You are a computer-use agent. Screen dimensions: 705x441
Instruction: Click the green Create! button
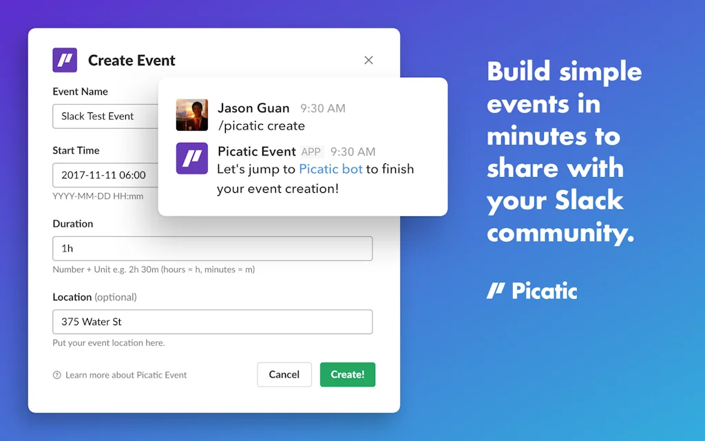pos(348,374)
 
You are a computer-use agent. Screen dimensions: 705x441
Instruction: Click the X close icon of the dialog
pos(369,61)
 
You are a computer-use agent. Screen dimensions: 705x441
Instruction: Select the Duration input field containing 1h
pos(213,248)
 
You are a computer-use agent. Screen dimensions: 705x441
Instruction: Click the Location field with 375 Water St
pos(213,322)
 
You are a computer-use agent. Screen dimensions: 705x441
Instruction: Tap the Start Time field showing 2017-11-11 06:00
pos(105,175)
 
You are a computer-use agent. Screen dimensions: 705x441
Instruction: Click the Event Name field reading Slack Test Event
pos(105,116)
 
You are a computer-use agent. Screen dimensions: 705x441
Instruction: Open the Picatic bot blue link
pos(330,170)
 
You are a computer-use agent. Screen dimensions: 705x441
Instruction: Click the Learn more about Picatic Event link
pos(126,375)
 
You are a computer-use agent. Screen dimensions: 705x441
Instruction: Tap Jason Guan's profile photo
pos(192,115)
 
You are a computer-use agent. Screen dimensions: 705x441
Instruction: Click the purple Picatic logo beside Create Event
pos(65,61)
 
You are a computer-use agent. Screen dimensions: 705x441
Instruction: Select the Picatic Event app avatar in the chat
pos(192,158)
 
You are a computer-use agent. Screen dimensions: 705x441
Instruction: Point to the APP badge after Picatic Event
pos(311,152)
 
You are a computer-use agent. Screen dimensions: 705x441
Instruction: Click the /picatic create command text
pos(261,126)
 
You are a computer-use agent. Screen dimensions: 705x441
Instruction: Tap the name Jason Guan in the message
pos(253,108)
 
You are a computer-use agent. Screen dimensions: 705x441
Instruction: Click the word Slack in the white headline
pos(589,201)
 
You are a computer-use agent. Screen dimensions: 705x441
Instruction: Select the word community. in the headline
pos(560,233)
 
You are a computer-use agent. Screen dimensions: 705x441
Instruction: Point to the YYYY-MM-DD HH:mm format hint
pos(98,196)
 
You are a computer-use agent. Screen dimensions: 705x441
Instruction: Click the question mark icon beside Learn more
pos(57,375)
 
